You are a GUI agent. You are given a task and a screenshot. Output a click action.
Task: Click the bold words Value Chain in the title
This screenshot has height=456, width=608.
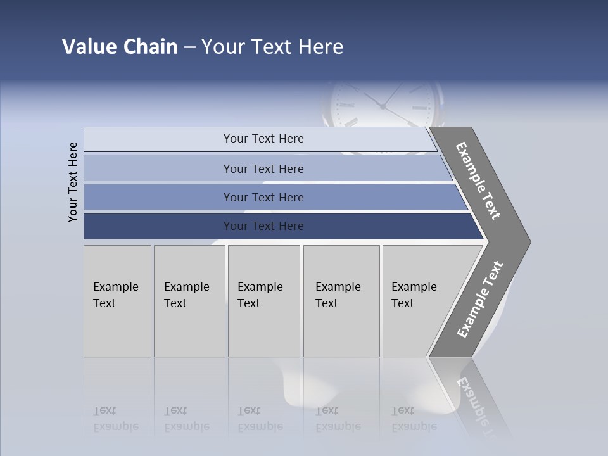pyautogui.click(x=120, y=47)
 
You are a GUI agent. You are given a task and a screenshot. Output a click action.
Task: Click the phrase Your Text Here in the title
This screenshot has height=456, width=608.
pyautogui.click(x=272, y=47)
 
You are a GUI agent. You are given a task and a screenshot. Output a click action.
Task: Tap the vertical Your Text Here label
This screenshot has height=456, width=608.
pyautogui.click(x=73, y=182)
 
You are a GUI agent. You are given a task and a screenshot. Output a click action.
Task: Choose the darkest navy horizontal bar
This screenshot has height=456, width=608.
pyautogui.click(x=158, y=226)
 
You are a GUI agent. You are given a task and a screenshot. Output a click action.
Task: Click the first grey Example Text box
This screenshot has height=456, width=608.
pyautogui.click(x=117, y=301)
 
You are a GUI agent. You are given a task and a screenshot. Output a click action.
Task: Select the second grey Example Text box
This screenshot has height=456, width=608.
pyautogui.click(x=189, y=301)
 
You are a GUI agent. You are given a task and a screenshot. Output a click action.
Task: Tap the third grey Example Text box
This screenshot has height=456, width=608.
pyautogui.click(x=263, y=301)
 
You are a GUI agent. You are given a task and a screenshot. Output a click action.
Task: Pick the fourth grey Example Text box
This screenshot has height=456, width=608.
pyautogui.click(x=341, y=301)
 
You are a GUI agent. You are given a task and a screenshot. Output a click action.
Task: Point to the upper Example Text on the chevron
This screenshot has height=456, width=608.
pyautogui.click(x=478, y=180)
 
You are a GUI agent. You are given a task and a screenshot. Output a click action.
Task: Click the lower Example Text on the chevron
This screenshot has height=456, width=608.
pyautogui.click(x=480, y=300)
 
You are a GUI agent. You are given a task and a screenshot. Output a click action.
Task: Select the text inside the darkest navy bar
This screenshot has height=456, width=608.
pyautogui.click(x=263, y=226)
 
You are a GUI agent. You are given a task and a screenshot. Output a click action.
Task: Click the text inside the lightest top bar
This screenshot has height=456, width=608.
pyautogui.click(x=263, y=139)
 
